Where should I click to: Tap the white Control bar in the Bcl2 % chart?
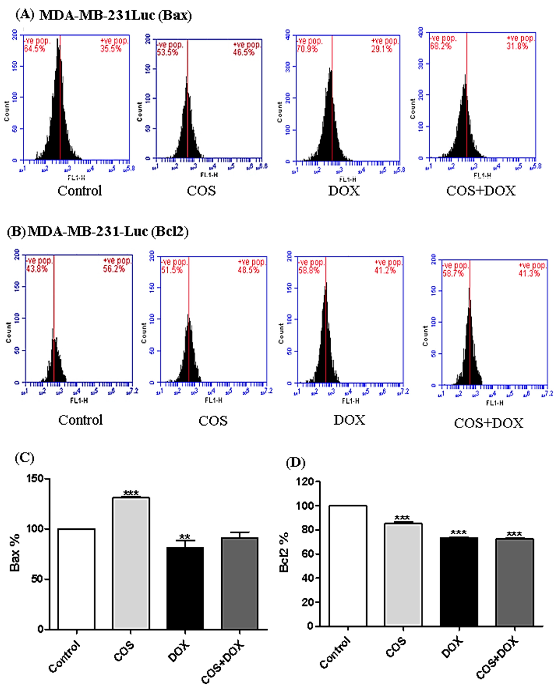click(x=347, y=566)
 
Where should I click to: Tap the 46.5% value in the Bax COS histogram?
click(x=244, y=52)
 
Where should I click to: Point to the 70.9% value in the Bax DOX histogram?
click(x=307, y=49)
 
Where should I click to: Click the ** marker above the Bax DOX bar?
click(x=185, y=537)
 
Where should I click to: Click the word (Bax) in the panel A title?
click(x=175, y=15)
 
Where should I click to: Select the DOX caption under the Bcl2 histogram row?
click(x=349, y=420)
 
